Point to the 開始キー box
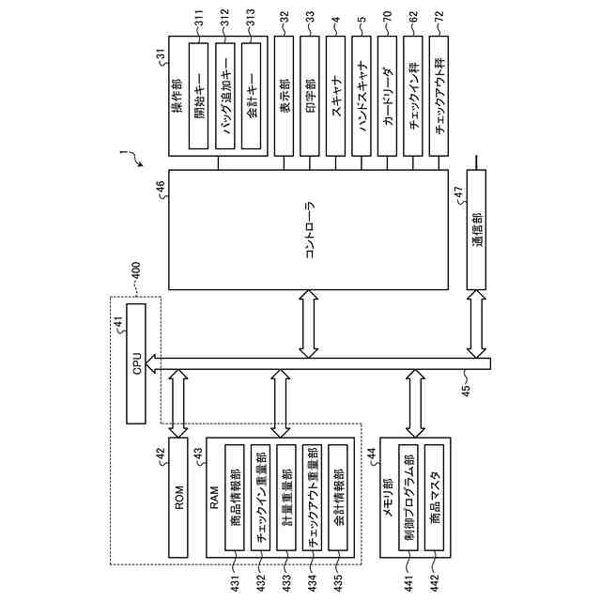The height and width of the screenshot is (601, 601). pyautogui.click(x=199, y=97)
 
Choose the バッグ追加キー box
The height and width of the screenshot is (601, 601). pyautogui.click(x=225, y=97)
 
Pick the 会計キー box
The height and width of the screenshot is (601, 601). pyautogui.click(x=252, y=97)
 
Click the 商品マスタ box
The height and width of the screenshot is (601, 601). pyautogui.click(x=434, y=498)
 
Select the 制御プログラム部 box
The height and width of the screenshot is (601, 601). pyautogui.click(x=408, y=498)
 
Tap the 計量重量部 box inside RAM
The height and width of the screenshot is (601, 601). pyautogui.click(x=285, y=498)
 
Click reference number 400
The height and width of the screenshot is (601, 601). pyautogui.click(x=137, y=271)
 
